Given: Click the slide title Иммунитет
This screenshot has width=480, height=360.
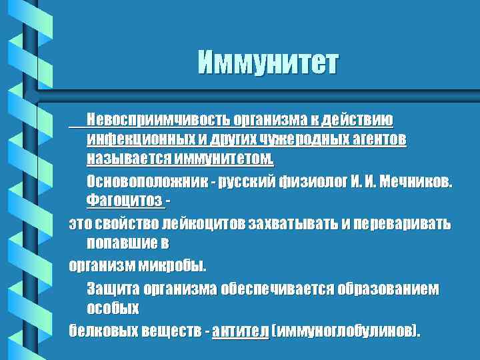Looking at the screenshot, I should (x=267, y=64).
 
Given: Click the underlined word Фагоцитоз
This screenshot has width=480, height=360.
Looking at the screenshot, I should (x=124, y=201).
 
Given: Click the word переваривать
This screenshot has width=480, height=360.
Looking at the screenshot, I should (x=404, y=223).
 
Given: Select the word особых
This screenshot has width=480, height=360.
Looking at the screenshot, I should (x=113, y=309).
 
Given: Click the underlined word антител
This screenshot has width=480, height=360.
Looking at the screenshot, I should (x=240, y=331).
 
